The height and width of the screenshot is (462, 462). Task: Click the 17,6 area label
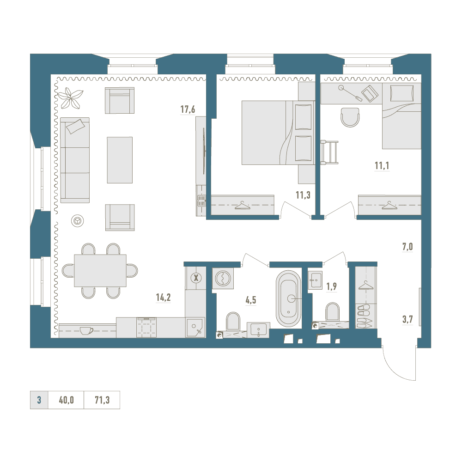pos(188,109)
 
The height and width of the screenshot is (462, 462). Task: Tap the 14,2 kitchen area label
pos(163,297)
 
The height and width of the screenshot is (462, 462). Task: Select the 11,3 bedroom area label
pos(303,195)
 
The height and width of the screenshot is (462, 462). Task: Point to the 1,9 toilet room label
pos(331,286)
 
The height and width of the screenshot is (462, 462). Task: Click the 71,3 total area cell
pos(102,400)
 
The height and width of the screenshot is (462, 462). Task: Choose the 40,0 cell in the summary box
pos(66,400)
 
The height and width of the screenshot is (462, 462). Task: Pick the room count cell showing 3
pos(39,400)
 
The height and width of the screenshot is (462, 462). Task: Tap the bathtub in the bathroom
pos(288,298)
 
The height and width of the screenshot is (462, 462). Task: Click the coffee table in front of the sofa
pos(120,160)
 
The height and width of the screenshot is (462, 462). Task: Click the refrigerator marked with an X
pos(196,278)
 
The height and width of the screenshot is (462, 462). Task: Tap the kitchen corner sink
pos(195,328)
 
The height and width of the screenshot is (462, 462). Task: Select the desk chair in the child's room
pos(350,117)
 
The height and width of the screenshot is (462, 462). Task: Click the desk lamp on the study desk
pos(350,93)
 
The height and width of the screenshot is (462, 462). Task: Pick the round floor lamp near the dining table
pos(77,220)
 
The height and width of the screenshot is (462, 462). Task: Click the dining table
pos(100,270)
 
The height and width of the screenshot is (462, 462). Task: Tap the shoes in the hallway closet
pos(365,316)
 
